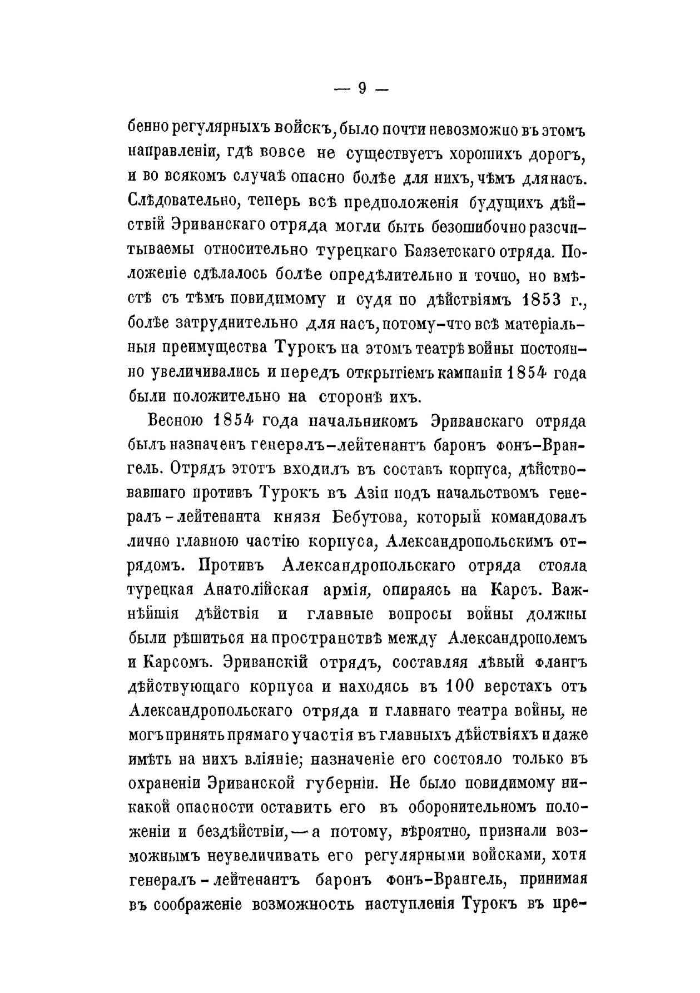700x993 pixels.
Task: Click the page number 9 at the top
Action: pos(363,88)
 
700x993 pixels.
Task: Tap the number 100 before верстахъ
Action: pos(460,686)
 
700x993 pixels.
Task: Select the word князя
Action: pos(296,516)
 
